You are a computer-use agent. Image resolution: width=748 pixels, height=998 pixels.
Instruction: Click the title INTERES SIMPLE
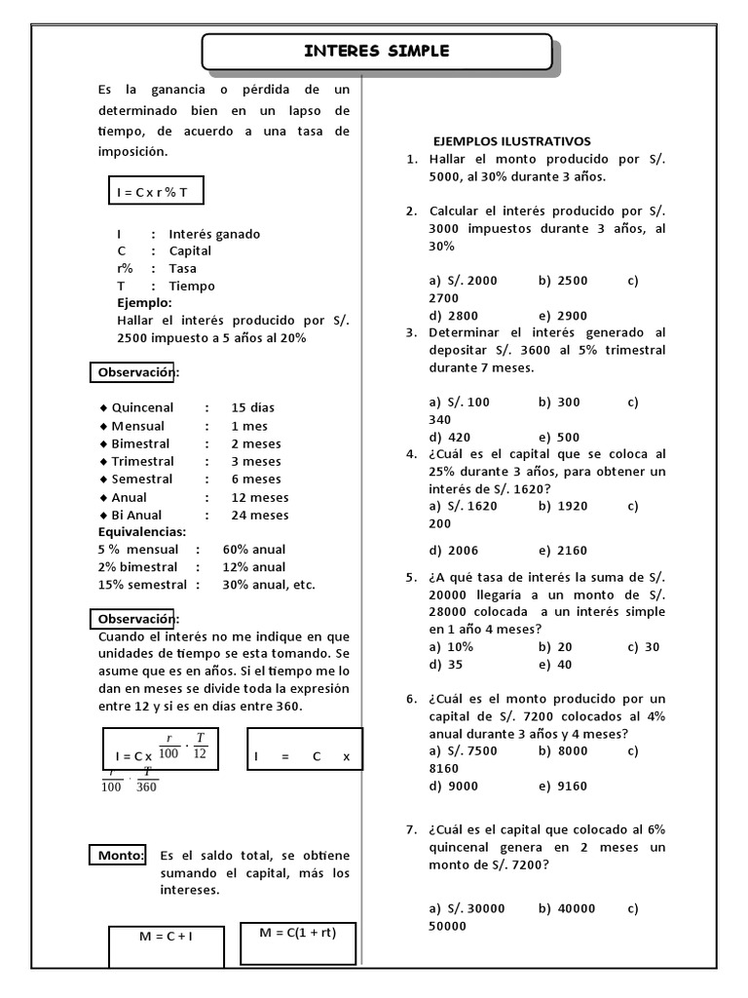tap(377, 52)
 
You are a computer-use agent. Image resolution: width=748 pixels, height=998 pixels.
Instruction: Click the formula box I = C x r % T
tap(156, 193)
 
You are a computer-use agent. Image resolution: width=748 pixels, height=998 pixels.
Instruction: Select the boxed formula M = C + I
tap(165, 937)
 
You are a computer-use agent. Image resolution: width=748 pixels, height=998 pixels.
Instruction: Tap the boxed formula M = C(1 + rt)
tap(300, 932)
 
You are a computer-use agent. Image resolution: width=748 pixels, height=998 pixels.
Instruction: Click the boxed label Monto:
tap(121, 856)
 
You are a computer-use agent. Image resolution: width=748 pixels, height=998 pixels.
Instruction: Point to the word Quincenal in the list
tap(142, 408)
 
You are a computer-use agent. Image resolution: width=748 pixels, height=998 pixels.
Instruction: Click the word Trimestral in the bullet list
tap(142, 461)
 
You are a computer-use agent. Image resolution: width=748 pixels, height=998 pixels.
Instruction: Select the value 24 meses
tap(259, 515)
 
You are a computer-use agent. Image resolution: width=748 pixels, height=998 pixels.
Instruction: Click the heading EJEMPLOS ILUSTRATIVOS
tap(512, 141)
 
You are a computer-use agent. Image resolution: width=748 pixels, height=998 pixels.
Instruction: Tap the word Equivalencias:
tap(141, 532)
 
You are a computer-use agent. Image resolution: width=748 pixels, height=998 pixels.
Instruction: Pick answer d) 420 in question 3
tap(449, 437)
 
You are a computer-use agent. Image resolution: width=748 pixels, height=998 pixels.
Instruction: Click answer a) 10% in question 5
tap(451, 646)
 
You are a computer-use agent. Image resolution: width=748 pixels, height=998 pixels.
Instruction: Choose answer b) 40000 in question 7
tap(566, 908)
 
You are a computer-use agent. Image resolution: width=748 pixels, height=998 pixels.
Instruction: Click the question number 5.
tap(411, 577)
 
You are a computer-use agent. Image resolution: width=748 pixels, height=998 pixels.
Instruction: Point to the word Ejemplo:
tap(144, 303)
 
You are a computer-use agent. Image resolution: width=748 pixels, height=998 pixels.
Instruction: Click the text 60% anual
tap(254, 550)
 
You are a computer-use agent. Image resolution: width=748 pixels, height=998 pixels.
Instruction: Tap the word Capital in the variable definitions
tap(190, 250)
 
